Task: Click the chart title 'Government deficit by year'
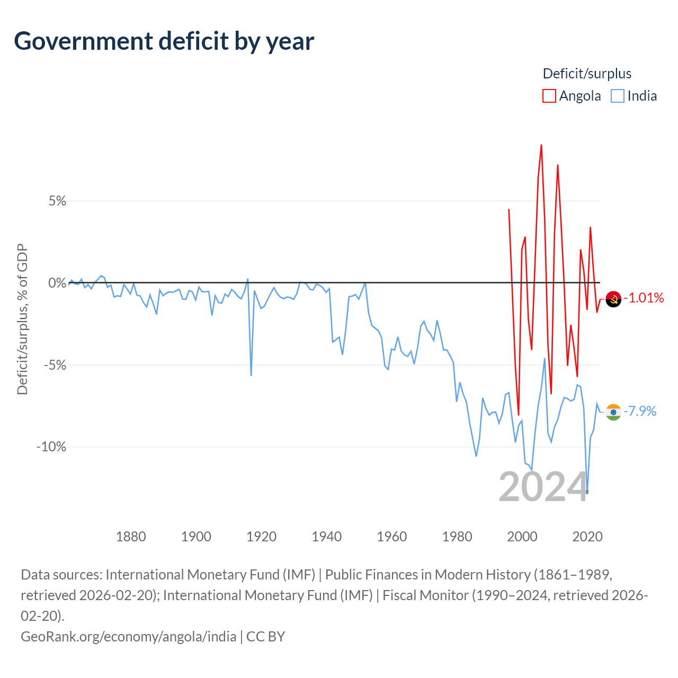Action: click(x=164, y=41)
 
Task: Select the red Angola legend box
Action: click(x=549, y=96)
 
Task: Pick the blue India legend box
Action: click(x=617, y=96)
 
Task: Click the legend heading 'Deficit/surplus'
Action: click(x=587, y=74)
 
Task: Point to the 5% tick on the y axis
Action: click(x=57, y=201)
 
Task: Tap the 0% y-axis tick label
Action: click(x=57, y=282)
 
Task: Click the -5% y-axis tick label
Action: click(x=55, y=365)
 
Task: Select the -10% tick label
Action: click(x=51, y=447)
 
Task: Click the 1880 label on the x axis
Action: click(x=131, y=537)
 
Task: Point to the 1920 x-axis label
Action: click(x=262, y=537)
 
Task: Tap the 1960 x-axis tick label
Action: click(x=392, y=537)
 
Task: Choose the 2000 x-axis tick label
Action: click(x=522, y=537)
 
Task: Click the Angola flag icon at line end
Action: click(x=613, y=299)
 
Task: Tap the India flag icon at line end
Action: click(x=613, y=412)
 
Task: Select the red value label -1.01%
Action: click(x=644, y=298)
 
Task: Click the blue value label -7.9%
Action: click(x=640, y=411)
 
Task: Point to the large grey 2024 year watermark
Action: click(x=543, y=487)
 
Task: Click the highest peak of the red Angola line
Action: click(x=541, y=145)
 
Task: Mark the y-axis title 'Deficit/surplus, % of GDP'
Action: click(x=23, y=319)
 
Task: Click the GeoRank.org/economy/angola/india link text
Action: click(x=128, y=637)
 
